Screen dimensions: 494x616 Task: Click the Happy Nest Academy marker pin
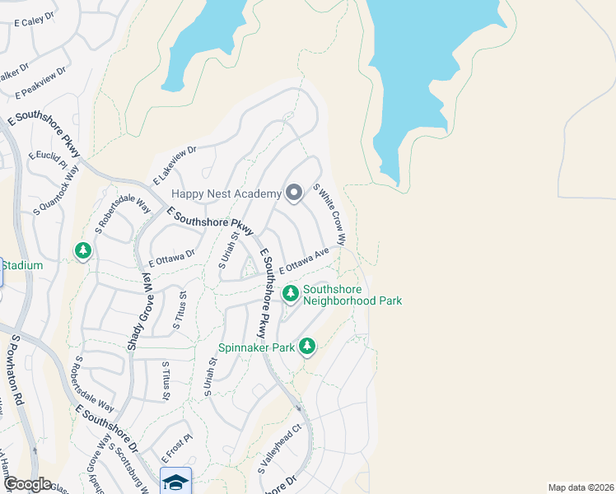pyautogui.click(x=294, y=193)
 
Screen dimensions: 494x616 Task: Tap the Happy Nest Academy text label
pyautogui.click(x=226, y=194)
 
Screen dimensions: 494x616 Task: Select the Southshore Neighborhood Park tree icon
pyautogui.click(x=290, y=293)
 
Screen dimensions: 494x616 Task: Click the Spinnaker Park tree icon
pyautogui.click(x=307, y=346)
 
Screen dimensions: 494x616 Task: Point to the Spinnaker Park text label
pyautogui.click(x=256, y=347)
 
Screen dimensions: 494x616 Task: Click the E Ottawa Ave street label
pyautogui.click(x=304, y=261)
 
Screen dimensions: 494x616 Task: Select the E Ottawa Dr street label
pyautogui.click(x=171, y=259)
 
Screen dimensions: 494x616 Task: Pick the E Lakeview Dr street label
pyautogui.click(x=175, y=165)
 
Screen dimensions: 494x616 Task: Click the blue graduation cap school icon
pyautogui.click(x=175, y=481)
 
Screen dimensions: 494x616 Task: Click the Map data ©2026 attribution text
pyautogui.click(x=581, y=487)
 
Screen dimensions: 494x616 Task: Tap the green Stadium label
pyautogui.click(x=21, y=266)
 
